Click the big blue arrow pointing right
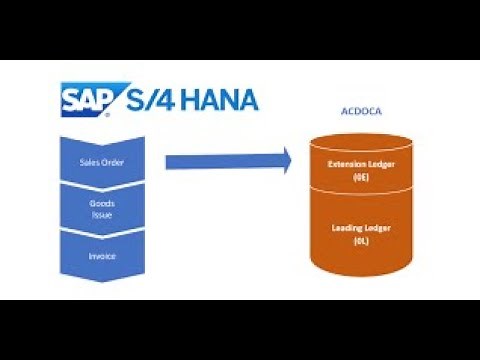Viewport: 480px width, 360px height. [226, 161]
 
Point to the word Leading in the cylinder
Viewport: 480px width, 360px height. [346, 228]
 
